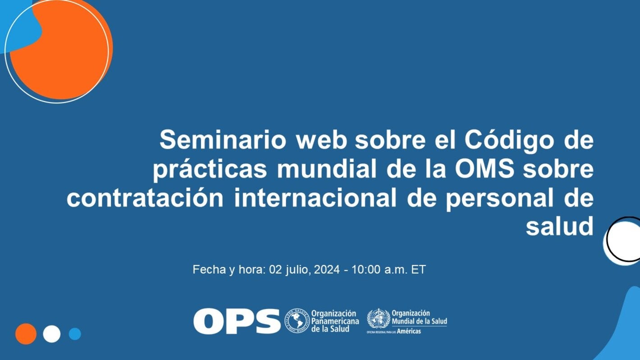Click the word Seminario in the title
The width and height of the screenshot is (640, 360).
[x=223, y=141]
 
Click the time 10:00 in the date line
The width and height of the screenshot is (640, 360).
[x=366, y=270]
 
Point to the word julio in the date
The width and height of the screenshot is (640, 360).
[x=297, y=270]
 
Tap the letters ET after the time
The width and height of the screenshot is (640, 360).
[x=418, y=270]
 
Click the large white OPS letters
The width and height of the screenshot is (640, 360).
[x=237, y=321]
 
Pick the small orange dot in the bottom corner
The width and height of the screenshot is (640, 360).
[x=26, y=334]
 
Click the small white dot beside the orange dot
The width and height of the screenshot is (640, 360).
[x=52, y=334]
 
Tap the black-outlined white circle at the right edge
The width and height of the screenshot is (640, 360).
[x=624, y=240]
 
